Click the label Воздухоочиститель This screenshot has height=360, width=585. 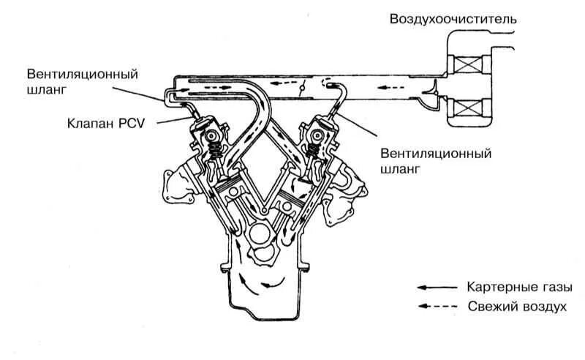(x=453, y=19)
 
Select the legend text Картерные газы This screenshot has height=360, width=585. (x=514, y=287)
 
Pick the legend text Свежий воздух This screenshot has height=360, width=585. (x=516, y=307)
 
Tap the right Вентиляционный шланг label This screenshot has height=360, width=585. (x=435, y=161)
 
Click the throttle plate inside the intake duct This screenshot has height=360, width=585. (x=301, y=89)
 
